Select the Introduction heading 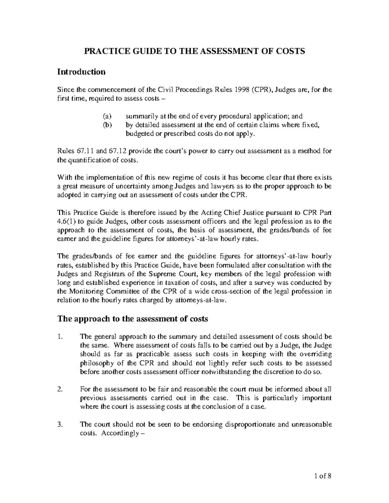(81, 72)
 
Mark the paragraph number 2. (59, 389)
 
